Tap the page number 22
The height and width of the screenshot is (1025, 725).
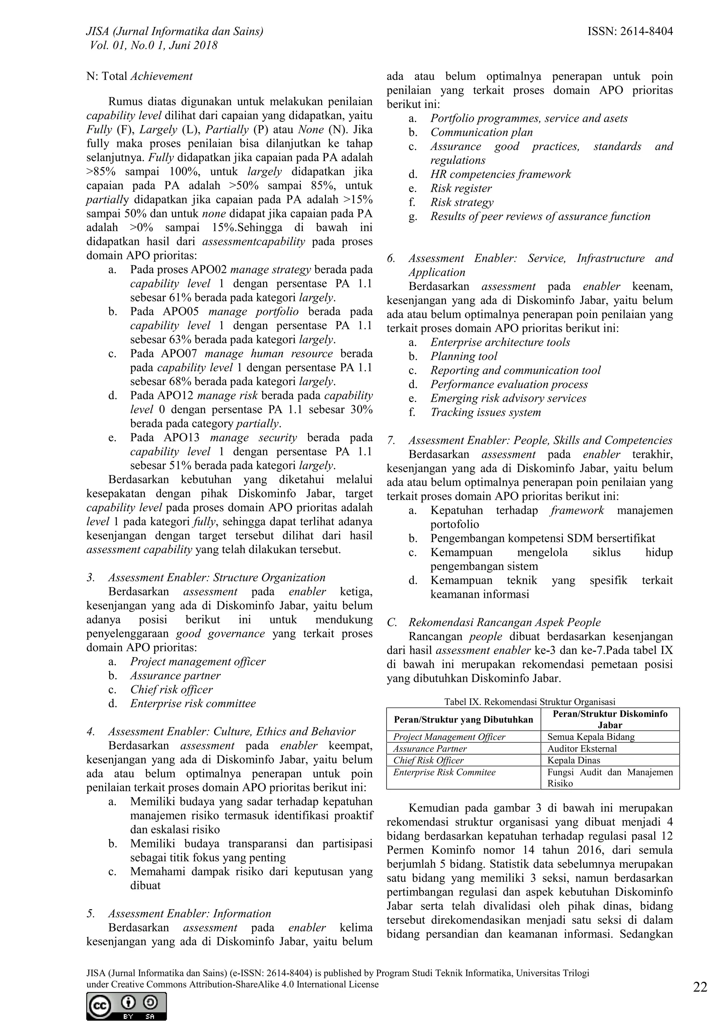(x=700, y=987)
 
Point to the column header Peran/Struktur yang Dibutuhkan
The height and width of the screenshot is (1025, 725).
(x=463, y=719)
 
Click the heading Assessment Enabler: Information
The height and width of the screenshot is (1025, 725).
(x=189, y=914)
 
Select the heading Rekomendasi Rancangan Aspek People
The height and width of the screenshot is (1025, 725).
(x=504, y=622)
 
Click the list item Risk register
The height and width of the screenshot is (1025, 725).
(x=461, y=188)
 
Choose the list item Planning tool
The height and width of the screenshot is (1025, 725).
(x=463, y=356)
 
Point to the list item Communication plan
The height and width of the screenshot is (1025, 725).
(x=481, y=133)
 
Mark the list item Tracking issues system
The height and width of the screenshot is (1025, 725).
(x=485, y=412)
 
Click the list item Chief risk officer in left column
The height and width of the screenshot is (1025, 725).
(x=171, y=689)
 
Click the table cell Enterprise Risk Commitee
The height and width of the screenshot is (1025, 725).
(x=444, y=772)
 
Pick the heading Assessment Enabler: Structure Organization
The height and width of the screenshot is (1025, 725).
(x=217, y=578)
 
